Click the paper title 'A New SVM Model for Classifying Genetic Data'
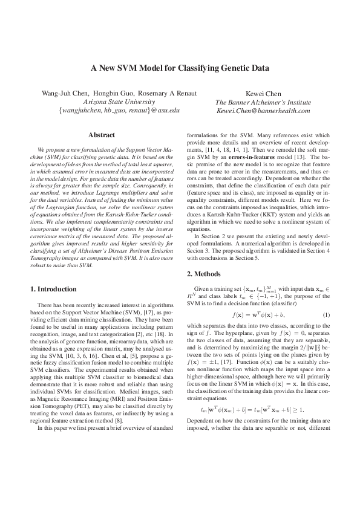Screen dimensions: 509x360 click(180, 68)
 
